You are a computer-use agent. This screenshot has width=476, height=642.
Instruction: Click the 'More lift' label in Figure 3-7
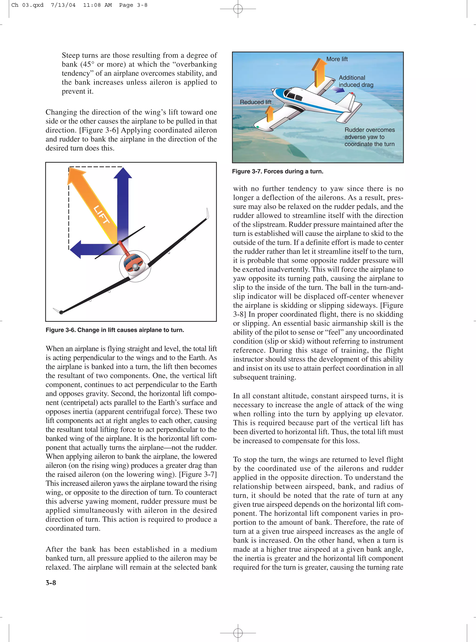coord(337,59)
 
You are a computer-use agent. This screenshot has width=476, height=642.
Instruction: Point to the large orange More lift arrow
coord(319,72)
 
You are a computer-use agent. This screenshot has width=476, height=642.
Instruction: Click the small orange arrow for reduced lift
coord(269,114)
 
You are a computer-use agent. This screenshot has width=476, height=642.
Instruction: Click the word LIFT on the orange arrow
coord(101,215)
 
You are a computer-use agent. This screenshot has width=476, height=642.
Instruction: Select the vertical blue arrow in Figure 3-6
coord(123,202)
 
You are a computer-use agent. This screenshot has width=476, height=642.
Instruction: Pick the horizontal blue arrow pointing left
coord(92,249)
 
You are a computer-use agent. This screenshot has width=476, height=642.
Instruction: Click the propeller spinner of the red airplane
coord(135,268)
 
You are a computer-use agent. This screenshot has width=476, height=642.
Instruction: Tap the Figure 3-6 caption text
coord(115,330)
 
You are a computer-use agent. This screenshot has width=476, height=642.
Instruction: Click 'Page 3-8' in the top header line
coord(133,5)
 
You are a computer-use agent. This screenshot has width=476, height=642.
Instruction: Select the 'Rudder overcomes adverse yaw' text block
coord(369,137)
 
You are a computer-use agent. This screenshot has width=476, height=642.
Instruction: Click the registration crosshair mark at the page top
coord(238,9)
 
